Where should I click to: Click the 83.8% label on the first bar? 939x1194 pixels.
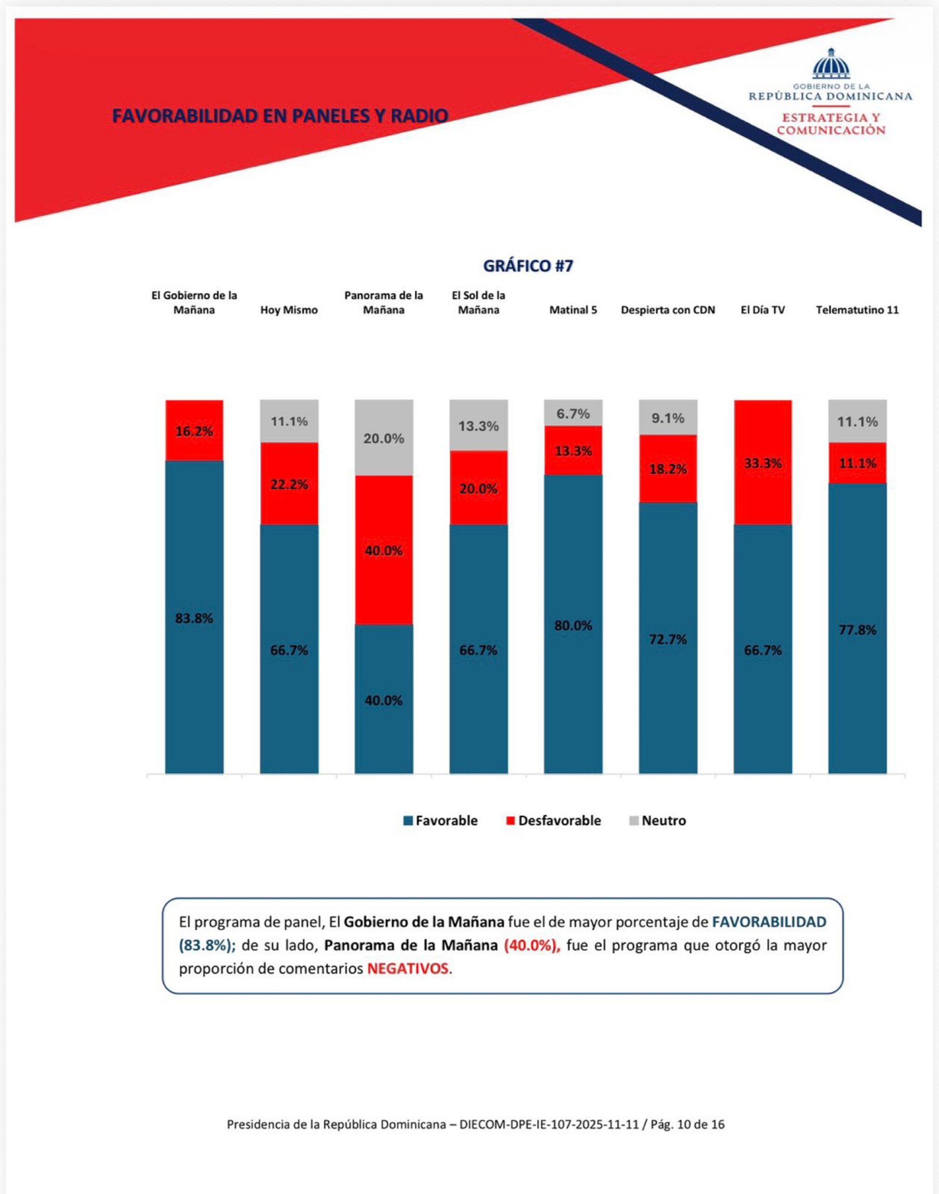pyautogui.click(x=194, y=618)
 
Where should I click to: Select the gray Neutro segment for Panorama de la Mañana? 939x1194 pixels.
pyautogui.click(x=384, y=437)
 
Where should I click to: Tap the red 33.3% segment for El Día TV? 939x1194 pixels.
pyautogui.click(x=763, y=463)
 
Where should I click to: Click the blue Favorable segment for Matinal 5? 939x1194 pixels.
pyautogui.click(x=573, y=625)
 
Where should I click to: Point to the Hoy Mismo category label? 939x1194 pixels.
pyautogui.click(x=289, y=310)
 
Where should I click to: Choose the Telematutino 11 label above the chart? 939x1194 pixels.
pyautogui.click(x=857, y=310)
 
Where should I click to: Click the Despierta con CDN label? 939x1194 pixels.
pyautogui.click(x=668, y=310)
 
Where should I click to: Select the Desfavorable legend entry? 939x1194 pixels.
pyautogui.click(x=553, y=821)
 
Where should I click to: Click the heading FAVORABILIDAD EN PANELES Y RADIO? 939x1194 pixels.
pyautogui.click(x=280, y=116)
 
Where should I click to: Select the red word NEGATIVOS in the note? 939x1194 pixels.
pyautogui.click(x=407, y=968)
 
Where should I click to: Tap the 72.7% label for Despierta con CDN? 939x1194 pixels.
pyautogui.click(x=668, y=639)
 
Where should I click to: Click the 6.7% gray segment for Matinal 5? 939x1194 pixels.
pyautogui.click(x=573, y=413)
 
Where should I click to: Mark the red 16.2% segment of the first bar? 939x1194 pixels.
pyautogui.click(x=194, y=431)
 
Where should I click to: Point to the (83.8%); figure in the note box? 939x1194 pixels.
pyautogui.click(x=207, y=945)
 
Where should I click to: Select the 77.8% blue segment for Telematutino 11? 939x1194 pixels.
pyautogui.click(x=857, y=630)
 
